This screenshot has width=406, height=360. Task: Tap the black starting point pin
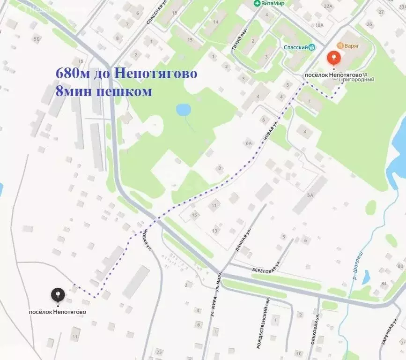58,295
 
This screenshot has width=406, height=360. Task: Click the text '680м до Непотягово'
126,74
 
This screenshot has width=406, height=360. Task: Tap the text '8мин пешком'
103,91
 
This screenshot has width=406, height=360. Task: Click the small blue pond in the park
183,110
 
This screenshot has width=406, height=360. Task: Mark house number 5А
310,195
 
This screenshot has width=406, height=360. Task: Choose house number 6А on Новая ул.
248,144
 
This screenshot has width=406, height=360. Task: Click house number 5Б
37,39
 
